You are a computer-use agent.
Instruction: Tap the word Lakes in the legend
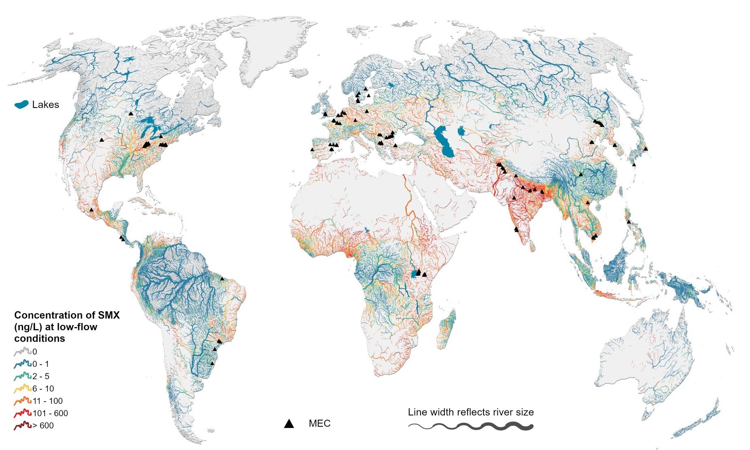pyautogui.click(x=45, y=105)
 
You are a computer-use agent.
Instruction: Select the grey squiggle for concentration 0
pyautogui.click(x=23, y=351)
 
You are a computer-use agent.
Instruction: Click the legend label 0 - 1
pyautogui.click(x=41, y=364)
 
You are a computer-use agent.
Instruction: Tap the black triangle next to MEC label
pyautogui.click(x=289, y=424)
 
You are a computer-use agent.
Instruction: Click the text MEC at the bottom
pyautogui.click(x=319, y=423)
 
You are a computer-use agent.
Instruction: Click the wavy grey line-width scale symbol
pyautogui.click(x=471, y=426)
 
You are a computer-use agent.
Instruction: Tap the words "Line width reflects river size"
pyautogui.click(x=470, y=412)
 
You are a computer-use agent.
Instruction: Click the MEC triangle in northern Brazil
pyautogui.click(x=222, y=279)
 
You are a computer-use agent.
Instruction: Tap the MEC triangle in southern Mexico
pyautogui.click(x=91, y=209)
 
